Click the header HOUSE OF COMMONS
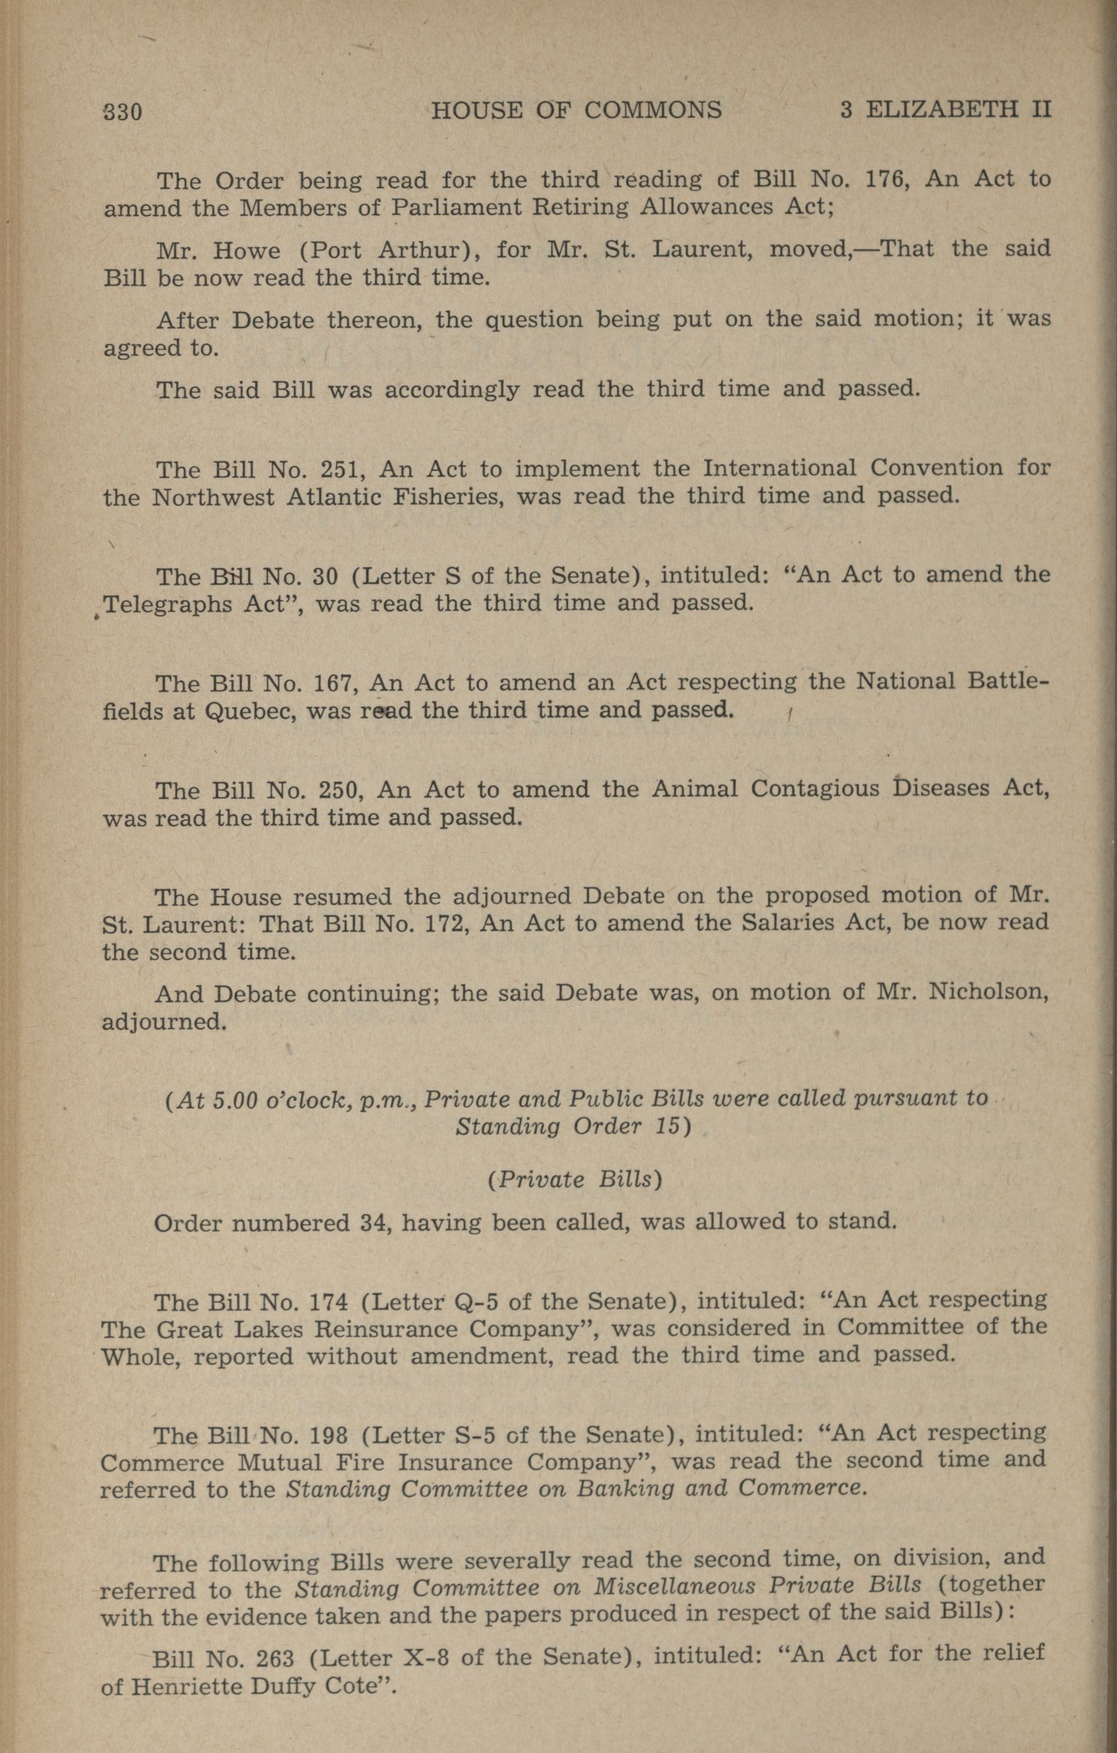[576, 110]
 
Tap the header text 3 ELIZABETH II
[945, 109]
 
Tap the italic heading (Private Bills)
[575, 1180]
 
